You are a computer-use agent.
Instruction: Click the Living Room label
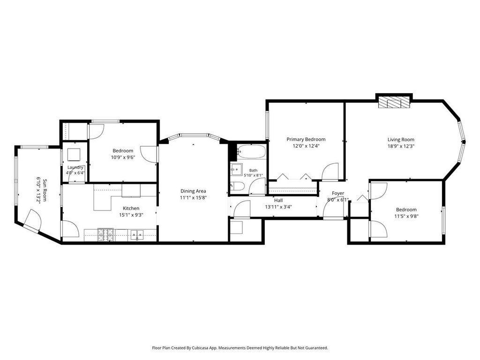tap(401, 140)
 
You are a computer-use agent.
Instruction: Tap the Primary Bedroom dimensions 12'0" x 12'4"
tap(306, 146)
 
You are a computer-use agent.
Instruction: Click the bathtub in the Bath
tap(251, 152)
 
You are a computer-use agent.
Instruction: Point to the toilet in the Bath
tap(237, 186)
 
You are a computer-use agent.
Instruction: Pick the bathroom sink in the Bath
tap(236, 169)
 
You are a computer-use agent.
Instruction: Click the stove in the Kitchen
tap(105, 234)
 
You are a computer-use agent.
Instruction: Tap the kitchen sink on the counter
tap(137, 235)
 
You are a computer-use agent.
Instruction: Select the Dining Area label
tap(193, 191)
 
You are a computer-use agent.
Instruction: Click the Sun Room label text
tap(45, 190)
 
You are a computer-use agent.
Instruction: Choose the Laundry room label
tap(75, 167)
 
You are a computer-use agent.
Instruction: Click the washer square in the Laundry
tap(74, 154)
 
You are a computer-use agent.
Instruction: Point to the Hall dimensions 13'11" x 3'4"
tap(278, 207)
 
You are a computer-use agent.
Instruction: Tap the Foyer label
tap(338, 193)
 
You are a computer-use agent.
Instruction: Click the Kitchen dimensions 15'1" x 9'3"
tap(131, 215)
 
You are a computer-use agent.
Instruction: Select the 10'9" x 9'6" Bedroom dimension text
tap(123, 157)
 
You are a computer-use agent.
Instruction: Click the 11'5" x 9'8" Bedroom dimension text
tap(406, 216)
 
